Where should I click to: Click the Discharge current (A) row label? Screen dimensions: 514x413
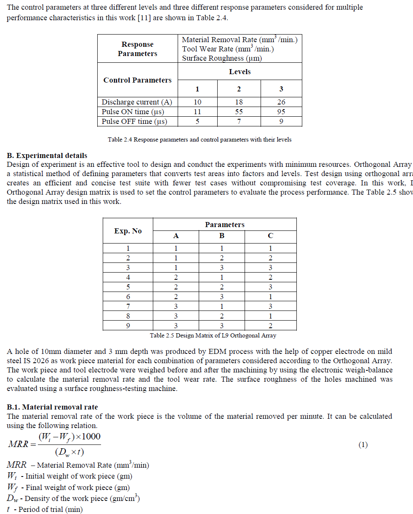(x=137, y=102)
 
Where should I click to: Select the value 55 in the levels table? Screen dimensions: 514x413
(x=239, y=112)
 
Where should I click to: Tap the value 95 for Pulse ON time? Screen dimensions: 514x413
(x=281, y=112)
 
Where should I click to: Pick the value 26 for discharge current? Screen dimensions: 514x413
(x=281, y=102)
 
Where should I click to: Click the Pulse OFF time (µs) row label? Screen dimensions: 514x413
(x=134, y=121)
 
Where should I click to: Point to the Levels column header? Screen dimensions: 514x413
(x=240, y=72)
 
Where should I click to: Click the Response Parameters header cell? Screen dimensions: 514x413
(x=137, y=49)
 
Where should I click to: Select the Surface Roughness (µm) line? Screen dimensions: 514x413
(x=222, y=58)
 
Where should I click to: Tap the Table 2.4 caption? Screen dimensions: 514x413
(x=200, y=139)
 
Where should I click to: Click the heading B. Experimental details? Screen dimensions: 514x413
(x=47, y=155)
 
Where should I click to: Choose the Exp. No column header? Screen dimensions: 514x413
(x=128, y=231)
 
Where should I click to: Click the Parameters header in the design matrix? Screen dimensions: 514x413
(x=224, y=225)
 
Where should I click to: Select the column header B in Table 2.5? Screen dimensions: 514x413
(x=222, y=236)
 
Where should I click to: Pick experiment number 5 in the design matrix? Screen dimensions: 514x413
(x=128, y=287)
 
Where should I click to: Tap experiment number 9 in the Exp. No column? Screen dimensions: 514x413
(x=128, y=326)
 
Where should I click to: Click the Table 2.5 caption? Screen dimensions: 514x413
(x=213, y=336)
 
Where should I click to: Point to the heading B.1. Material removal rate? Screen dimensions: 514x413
(x=52, y=407)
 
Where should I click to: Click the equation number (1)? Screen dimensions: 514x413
(x=363, y=445)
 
